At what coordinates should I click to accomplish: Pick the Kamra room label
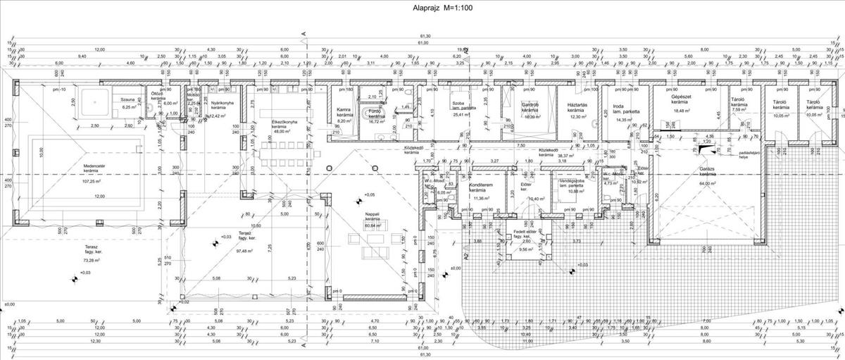344,111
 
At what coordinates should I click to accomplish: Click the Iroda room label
611,107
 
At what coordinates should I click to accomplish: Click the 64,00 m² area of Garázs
708,183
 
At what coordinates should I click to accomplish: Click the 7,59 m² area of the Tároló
738,110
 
